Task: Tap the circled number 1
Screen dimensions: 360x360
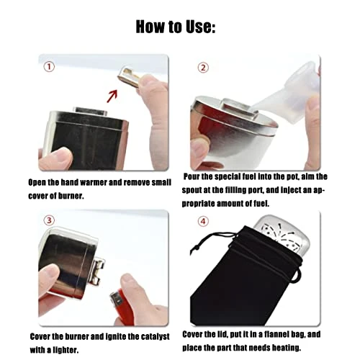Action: point(49,67)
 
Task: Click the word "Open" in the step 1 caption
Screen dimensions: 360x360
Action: point(40,183)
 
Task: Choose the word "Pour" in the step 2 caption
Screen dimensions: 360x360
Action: point(194,176)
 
